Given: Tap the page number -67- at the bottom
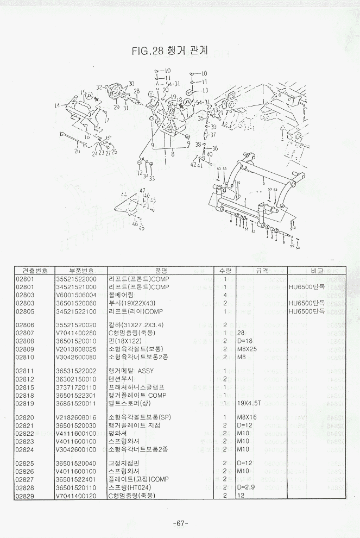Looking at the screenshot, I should tap(180, 523).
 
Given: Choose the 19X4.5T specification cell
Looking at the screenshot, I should tap(250, 403).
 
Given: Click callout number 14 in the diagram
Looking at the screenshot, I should tap(58, 105).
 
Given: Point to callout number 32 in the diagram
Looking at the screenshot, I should tap(99, 87).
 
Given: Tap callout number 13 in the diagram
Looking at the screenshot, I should tap(205, 90).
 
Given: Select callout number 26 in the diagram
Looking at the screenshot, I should tap(77, 151).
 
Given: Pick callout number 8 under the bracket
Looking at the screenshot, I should tap(172, 154).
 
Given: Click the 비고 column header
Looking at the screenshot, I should tap(317, 270).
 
